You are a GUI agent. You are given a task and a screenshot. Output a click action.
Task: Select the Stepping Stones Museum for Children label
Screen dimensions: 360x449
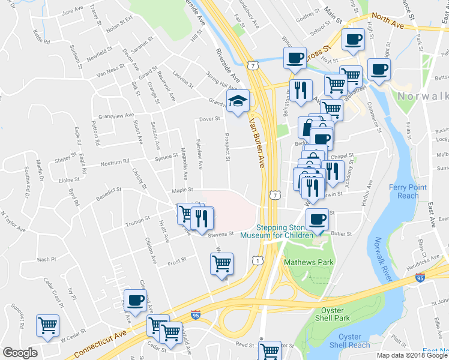(x=277, y=232)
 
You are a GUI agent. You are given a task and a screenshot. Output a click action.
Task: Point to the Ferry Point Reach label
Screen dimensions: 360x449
(x=408, y=191)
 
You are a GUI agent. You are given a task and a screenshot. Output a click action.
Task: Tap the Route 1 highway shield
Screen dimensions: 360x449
(x=257, y=260)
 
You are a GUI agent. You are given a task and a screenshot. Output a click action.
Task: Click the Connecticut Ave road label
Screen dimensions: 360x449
(x=102, y=341)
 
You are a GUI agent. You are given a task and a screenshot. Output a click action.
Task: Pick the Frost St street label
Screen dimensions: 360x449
(x=177, y=260)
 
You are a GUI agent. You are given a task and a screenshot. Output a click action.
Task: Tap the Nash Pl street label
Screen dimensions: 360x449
(x=46, y=259)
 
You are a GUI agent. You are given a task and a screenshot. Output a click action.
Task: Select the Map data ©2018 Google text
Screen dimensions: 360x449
(x=411, y=355)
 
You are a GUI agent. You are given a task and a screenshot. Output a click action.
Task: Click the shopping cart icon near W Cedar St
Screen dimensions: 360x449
(x=47, y=325)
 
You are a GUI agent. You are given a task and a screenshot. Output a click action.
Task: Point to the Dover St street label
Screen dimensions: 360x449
(x=211, y=119)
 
